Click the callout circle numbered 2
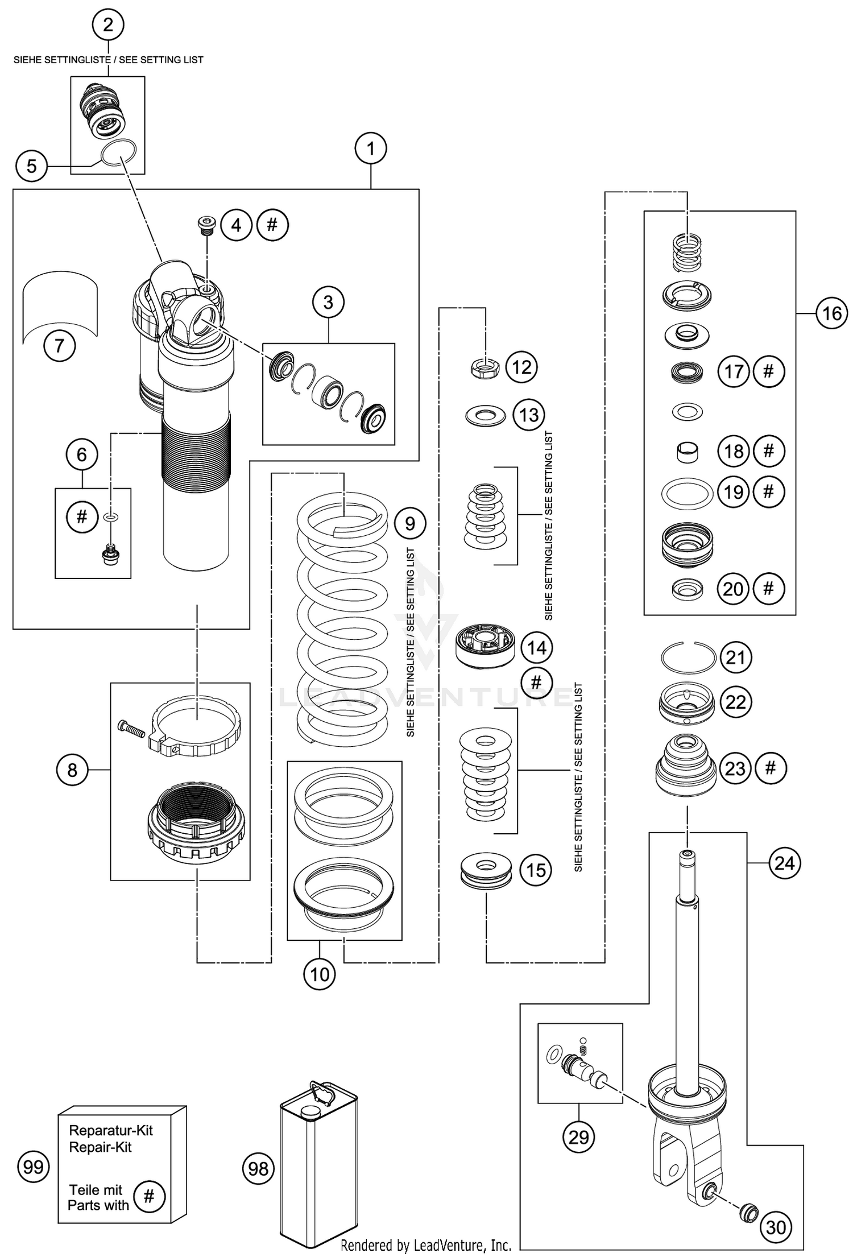click(x=107, y=25)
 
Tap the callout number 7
click(x=59, y=345)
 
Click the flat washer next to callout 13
click(x=485, y=415)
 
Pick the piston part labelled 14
click(x=485, y=648)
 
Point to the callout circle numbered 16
click(x=831, y=313)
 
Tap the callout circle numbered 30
click(x=776, y=1227)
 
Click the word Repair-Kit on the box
click(x=100, y=1147)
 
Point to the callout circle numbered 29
click(x=578, y=1137)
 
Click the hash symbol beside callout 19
click(x=768, y=491)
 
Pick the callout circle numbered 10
click(x=320, y=974)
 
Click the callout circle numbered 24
click(x=784, y=863)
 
